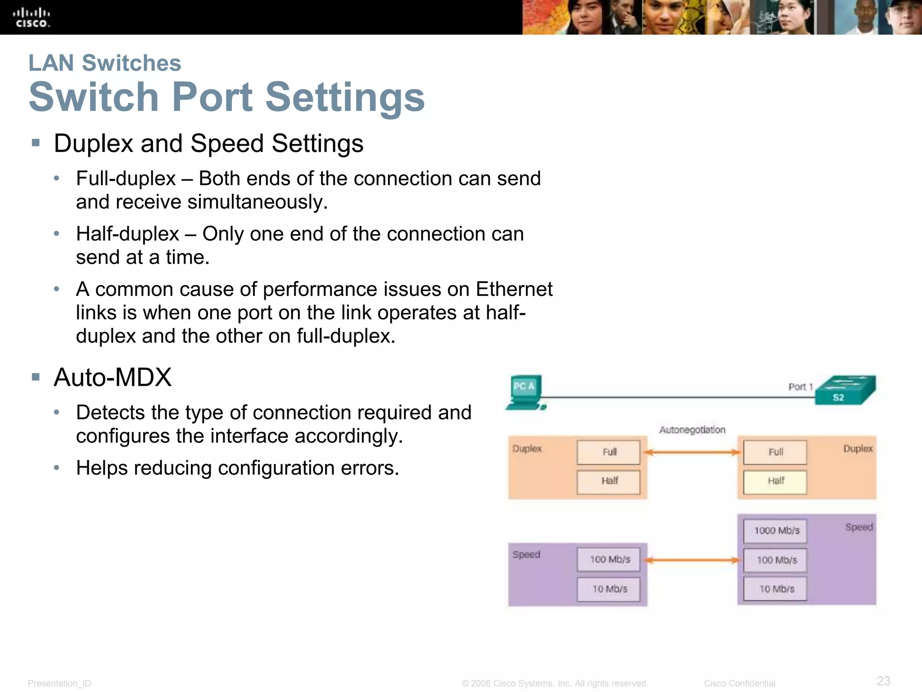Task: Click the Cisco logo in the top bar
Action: (x=32, y=18)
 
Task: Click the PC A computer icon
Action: (x=525, y=392)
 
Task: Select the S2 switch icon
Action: (x=845, y=390)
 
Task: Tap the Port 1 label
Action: (x=800, y=387)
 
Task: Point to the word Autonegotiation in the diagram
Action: (x=692, y=430)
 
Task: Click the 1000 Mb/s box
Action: (x=775, y=530)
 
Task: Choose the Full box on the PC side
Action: (x=608, y=452)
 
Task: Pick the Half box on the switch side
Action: (x=775, y=481)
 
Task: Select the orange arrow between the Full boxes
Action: (x=692, y=452)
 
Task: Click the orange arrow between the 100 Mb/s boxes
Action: (x=692, y=560)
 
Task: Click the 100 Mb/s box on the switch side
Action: (x=775, y=560)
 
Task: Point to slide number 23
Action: (x=883, y=680)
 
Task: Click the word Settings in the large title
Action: (x=345, y=97)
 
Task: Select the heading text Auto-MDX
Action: (x=113, y=377)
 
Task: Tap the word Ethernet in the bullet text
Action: (x=514, y=289)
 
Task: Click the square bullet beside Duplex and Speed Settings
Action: (x=36, y=143)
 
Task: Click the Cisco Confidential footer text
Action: (x=739, y=683)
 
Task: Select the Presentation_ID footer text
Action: (x=59, y=683)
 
